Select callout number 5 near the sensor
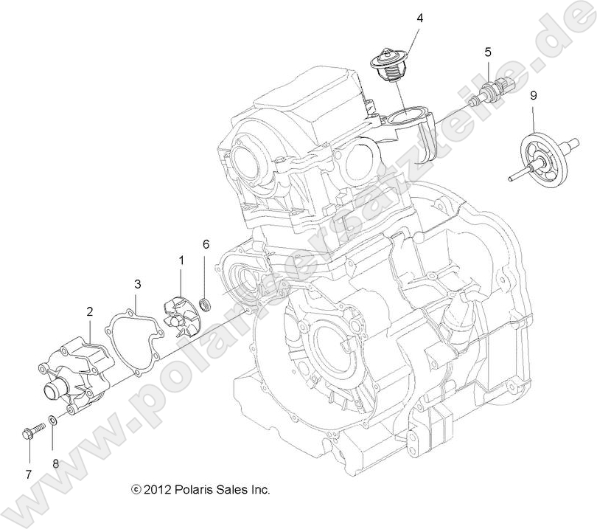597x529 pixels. coord(488,52)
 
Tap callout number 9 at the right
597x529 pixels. coord(533,95)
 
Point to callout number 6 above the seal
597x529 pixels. coord(206,243)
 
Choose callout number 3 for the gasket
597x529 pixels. coord(137,283)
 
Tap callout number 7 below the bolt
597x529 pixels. coord(29,474)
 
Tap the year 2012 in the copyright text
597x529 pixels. coord(157,489)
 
